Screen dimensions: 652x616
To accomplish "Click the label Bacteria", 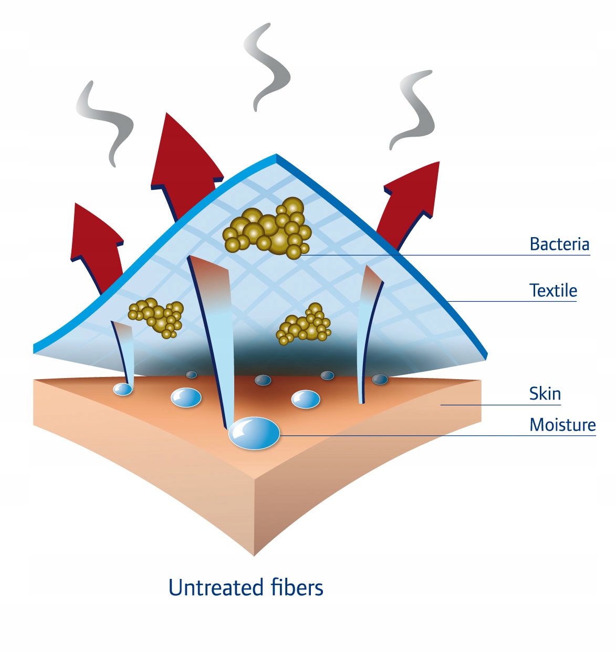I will [x=559, y=244].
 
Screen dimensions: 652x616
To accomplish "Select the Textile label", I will [x=553, y=290].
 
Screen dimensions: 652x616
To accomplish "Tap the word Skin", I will [x=545, y=393].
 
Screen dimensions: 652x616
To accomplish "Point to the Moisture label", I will [x=562, y=424].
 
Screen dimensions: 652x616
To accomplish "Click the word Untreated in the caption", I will [x=215, y=587].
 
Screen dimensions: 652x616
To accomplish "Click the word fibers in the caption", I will [x=297, y=587].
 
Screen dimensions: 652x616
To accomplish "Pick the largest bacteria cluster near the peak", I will [x=268, y=229].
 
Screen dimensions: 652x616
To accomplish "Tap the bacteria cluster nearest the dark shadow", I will [x=305, y=324].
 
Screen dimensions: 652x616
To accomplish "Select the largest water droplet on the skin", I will [x=254, y=433].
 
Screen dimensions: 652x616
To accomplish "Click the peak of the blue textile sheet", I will [x=276, y=156].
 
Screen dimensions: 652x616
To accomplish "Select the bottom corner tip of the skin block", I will [x=255, y=553].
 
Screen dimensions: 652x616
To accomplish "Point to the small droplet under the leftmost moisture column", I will [x=123, y=389].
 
